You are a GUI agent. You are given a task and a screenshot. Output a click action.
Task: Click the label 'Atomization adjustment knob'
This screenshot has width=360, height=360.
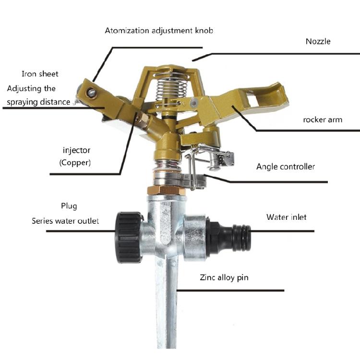159,31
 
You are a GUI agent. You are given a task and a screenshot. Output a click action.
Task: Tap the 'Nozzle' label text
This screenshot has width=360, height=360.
318,41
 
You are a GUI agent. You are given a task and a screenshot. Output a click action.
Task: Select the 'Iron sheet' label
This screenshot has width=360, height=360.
40,74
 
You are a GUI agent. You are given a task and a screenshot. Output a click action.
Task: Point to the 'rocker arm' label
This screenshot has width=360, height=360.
323,120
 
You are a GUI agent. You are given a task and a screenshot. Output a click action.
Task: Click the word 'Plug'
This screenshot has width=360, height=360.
69,206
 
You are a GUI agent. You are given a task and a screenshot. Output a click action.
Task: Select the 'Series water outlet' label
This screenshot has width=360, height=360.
65,221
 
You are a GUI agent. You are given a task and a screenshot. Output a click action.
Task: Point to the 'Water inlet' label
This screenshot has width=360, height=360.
287,217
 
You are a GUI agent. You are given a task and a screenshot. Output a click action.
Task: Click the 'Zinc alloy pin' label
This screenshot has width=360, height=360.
224,277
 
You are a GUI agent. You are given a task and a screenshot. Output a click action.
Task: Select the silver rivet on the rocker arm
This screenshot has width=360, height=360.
193,102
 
